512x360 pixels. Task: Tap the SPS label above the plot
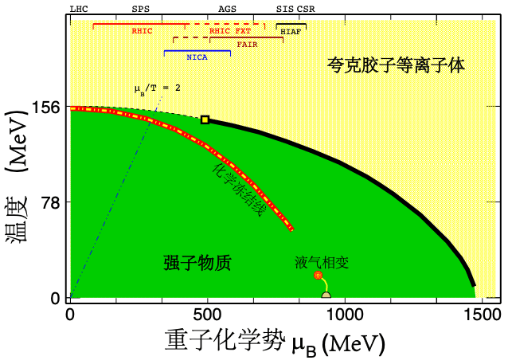click(x=140, y=8)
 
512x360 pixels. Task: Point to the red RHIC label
click(x=143, y=30)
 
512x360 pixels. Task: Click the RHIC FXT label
click(x=229, y=31)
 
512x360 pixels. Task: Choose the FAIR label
click(x=247, y=44)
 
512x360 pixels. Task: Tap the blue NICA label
click(x=197, y=57)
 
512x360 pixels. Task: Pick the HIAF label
click(x=291, y=31)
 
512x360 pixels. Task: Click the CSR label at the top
click(x=306, y=8)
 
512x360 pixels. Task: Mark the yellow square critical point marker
click(x=205, y=119)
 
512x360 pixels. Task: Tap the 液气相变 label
click(x=322, y=260)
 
